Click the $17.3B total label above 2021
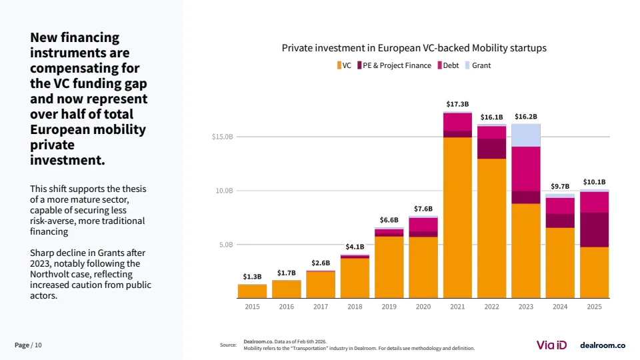pos(457,105)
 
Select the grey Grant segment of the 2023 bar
pos(526,135)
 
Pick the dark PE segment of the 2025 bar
pos(594,229)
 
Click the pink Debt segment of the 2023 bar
pos(526,169)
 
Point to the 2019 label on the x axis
pos(389,307)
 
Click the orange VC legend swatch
pos(339,65)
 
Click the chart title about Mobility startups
pos(414,48)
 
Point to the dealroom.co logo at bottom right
pos(602,345)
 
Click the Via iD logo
pos(551,345)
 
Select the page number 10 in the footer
pos(38,345)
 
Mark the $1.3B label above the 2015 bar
pos(252,276)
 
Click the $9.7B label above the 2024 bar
pos(560,186)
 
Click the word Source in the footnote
pos(228,345)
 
